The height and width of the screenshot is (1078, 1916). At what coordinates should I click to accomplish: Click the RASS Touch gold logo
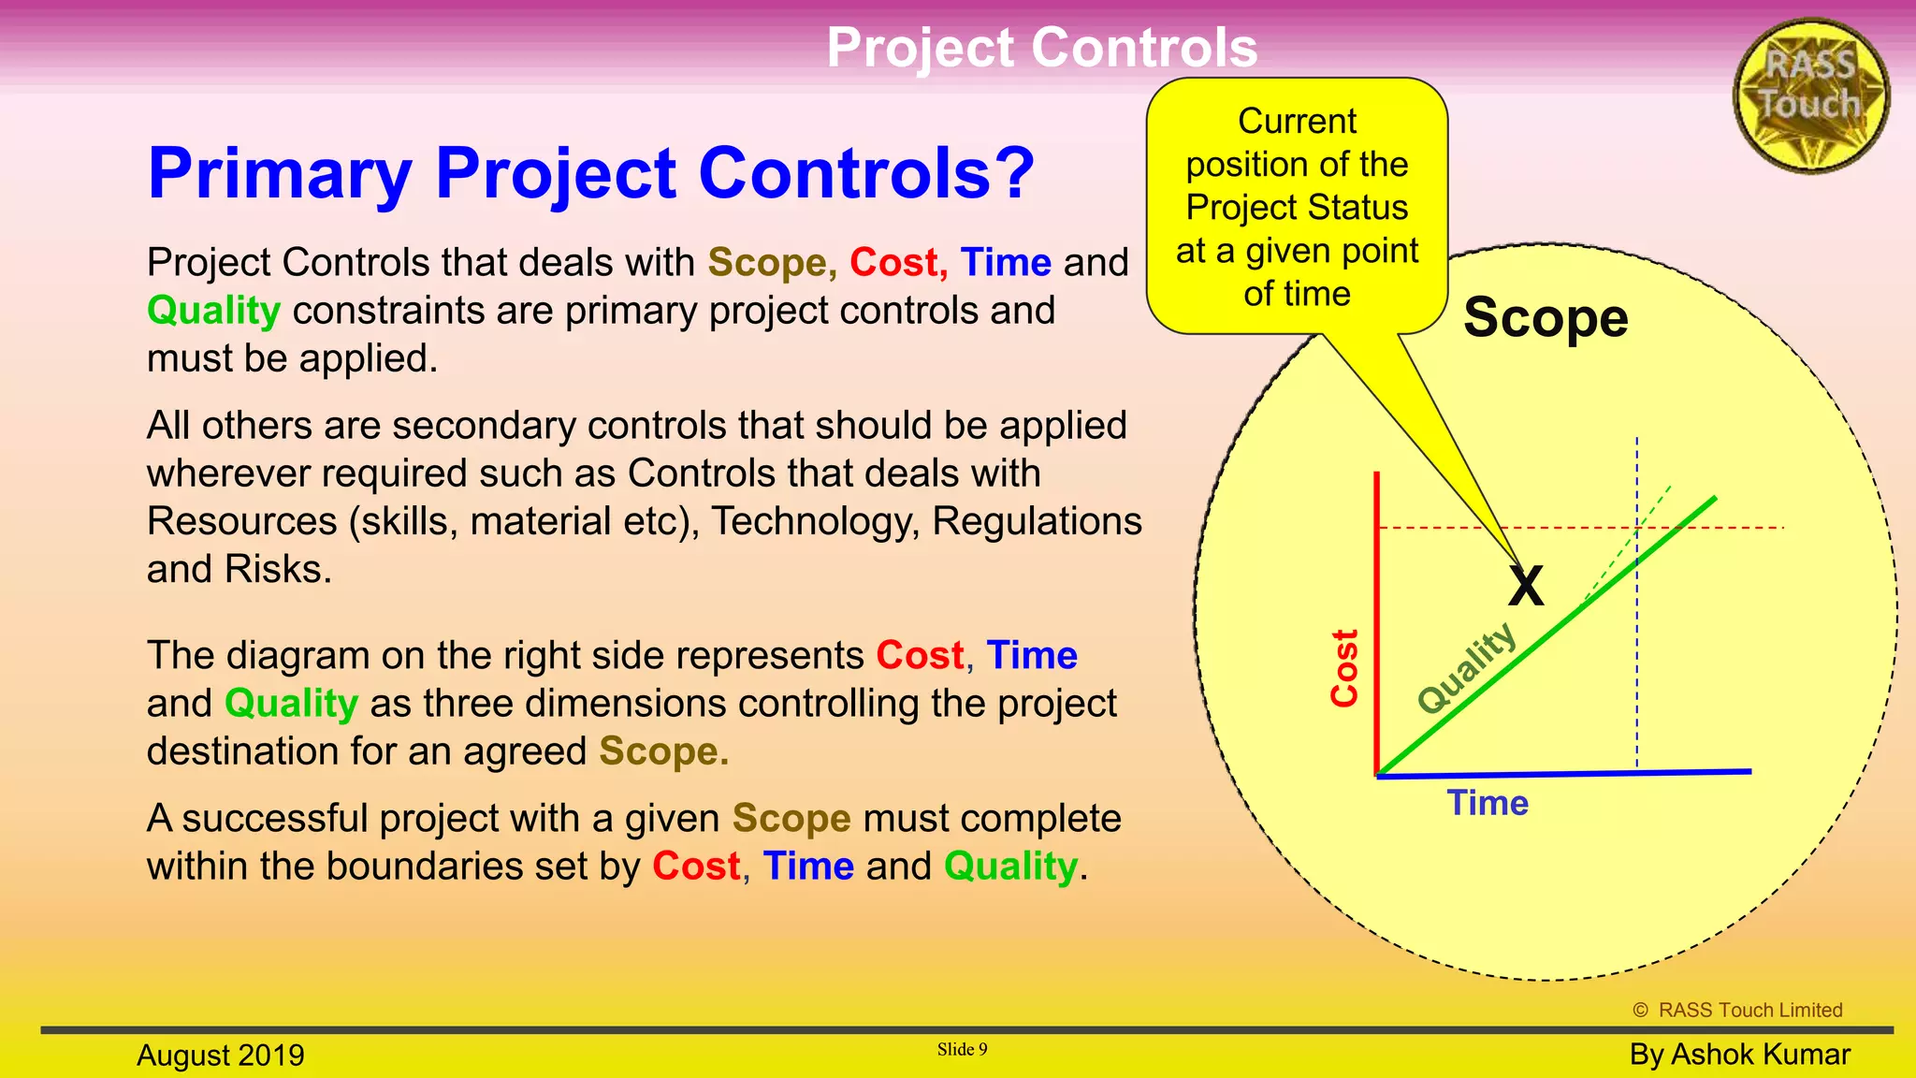(1810, 95)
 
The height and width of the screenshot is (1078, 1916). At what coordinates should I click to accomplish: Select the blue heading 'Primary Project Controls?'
(591, 173)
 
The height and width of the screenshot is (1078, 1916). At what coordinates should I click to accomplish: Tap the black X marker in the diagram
(1526, 587)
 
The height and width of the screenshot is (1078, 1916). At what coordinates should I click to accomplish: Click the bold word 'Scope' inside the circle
(1546, 317)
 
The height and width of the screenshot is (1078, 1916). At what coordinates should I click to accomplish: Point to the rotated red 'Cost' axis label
(1344, 667)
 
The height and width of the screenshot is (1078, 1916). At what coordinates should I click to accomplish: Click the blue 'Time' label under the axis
(1488, 803)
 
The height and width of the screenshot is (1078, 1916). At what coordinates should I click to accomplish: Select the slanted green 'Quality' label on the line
(1466, 667)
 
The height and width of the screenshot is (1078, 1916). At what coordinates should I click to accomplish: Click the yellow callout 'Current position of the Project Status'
(1297, 207)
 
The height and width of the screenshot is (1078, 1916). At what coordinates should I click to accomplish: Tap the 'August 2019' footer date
(221, 1055)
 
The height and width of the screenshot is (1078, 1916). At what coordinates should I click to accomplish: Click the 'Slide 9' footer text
(962, 1049)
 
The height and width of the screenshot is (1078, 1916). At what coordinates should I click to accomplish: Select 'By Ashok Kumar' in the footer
(1739, 1054)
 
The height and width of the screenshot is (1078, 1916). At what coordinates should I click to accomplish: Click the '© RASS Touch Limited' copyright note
(1737, 1010)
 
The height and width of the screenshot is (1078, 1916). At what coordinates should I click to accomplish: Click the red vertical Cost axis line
(1377, 618)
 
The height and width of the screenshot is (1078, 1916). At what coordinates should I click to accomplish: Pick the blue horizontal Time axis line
(1562, 773)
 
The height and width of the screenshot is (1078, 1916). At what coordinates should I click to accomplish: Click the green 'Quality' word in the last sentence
(1010, 866)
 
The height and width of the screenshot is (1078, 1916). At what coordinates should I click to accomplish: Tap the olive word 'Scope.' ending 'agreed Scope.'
(663, 750)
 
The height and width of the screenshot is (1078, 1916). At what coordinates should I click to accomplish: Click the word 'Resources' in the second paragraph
(242, 521)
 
